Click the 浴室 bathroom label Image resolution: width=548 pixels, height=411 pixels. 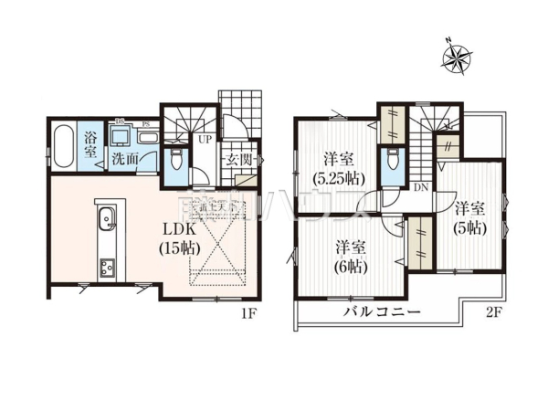[90, 145]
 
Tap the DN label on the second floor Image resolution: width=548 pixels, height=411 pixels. [421, 186]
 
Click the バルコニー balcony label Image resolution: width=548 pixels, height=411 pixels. [381, 313]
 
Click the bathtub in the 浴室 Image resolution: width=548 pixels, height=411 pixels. [61, 146]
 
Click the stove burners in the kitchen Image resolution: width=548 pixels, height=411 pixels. [106, 269]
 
